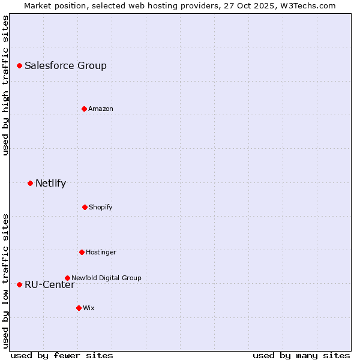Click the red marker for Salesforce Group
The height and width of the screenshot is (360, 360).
pyautogui.click(x=19, y=65)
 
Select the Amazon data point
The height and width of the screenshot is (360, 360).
pyautogui.click(x=84, y=109)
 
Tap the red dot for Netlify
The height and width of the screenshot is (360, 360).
pyautogui.click(x=30, y=183)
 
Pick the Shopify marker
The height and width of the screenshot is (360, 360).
pyautogui.click(x=85, y=207)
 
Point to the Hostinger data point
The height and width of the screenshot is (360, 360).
pyautogui.click(x=82, y=252)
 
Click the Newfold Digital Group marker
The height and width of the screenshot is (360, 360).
pyautogui.click(x=67, y=278)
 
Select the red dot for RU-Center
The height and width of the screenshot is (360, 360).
pyautogui.click(x=19, y=284)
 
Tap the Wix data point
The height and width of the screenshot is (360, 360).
pyautogui.click(x=79, y=308)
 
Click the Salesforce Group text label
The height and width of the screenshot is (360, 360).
pyautogui.click(x=65, y=66)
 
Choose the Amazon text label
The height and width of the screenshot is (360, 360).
pyautogui.click(x=101, y=109)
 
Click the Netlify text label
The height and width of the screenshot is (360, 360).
pyautogui.click(x=50, y=184)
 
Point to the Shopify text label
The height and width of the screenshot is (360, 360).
pyautogui.click(x=101, y=208)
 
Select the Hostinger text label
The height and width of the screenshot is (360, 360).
pyautogui.click(x=101, y=253)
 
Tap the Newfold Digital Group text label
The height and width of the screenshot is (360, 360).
pyautogui.click(x=106, y=278)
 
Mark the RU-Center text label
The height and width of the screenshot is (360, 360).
pyautogui.click(x=50, y=285)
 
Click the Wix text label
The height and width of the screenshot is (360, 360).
pyautogui.click(x=89, y=308)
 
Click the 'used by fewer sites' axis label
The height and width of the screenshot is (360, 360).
pyautogui.click(x=62, y=355)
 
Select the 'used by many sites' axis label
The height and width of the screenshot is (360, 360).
pyautogui.click(x=301, y=355)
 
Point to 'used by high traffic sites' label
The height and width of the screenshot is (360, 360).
pyautogui.click(x=5, y=85)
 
